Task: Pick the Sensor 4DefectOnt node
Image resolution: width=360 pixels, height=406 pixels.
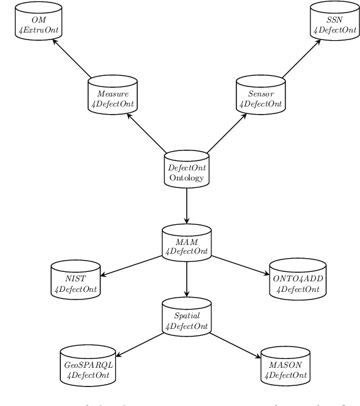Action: point(260,95)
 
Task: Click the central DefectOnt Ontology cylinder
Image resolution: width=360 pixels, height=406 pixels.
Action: point(187,170)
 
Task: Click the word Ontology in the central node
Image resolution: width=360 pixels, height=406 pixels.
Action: point(187,178)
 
